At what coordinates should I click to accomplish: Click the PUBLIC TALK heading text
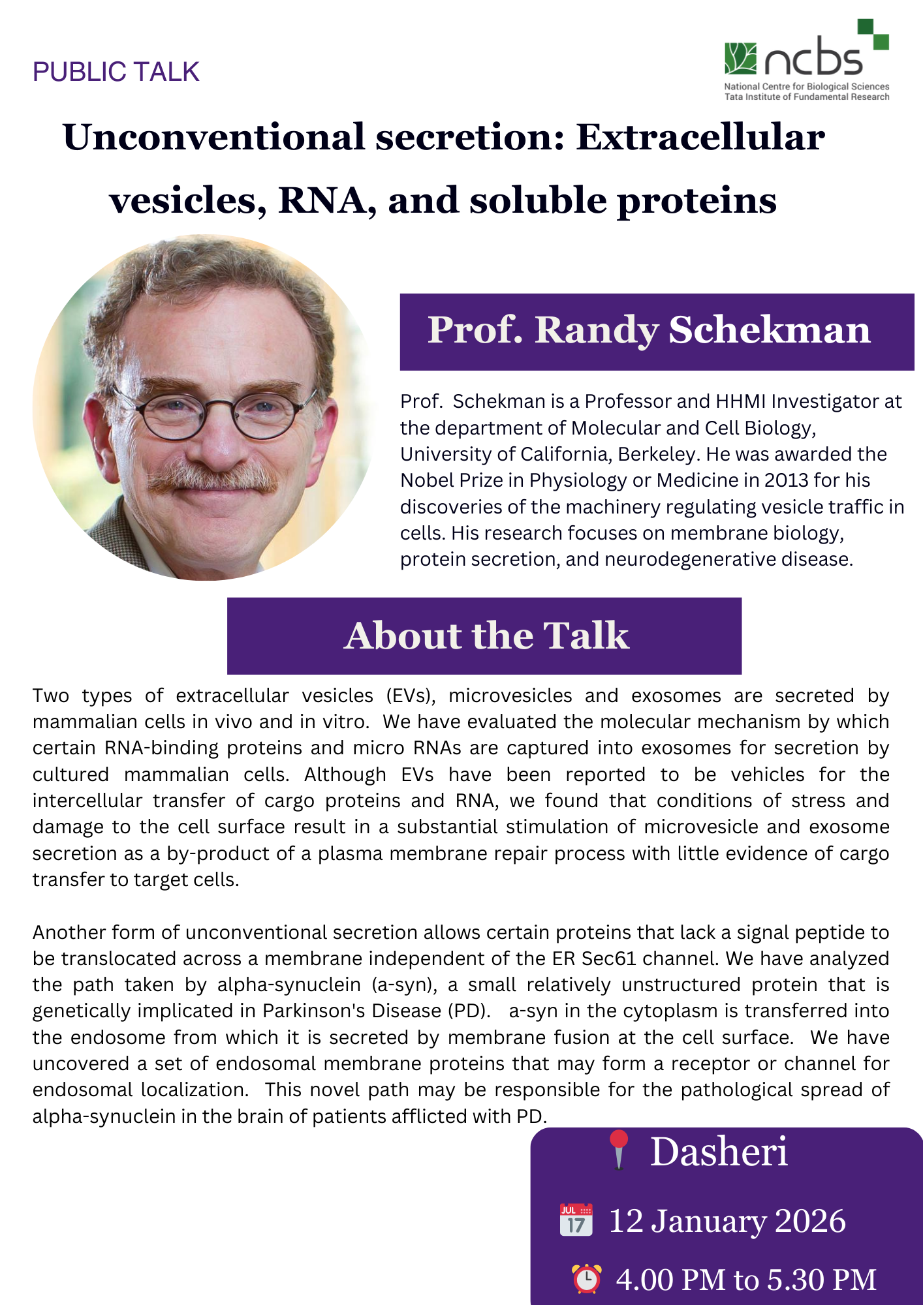(x=116, y=72)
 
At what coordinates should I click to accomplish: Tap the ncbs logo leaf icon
(x=740, y=59)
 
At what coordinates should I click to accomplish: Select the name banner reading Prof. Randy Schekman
(x=656, y=331)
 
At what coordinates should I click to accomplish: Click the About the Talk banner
(x=484, y=636)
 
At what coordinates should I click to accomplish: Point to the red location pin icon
(x=618, y=1150)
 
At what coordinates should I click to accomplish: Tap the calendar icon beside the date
(x=576, y=1220)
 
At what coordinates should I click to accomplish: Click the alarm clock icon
(x=587, y=1278)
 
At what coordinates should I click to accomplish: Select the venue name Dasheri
(x=719, y=1152)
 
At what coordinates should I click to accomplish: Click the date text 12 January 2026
(x=727, y=1221)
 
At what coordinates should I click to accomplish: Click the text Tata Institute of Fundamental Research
(x=807, y=97)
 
